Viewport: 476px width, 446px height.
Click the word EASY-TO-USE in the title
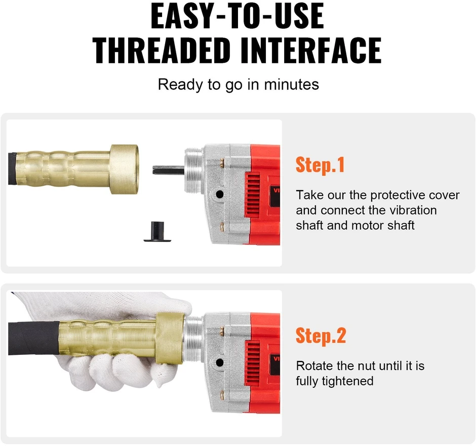237,16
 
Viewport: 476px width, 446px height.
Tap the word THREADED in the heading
162,50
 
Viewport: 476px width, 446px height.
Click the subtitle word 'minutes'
292,85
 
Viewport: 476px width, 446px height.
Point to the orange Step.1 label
320,165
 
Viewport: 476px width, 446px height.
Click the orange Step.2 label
321,336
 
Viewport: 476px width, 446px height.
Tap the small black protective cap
157,232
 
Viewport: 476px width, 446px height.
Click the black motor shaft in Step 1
169,170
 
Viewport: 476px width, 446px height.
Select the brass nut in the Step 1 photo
125,169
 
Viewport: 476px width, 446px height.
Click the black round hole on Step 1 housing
220,194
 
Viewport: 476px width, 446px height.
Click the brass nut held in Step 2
170,337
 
